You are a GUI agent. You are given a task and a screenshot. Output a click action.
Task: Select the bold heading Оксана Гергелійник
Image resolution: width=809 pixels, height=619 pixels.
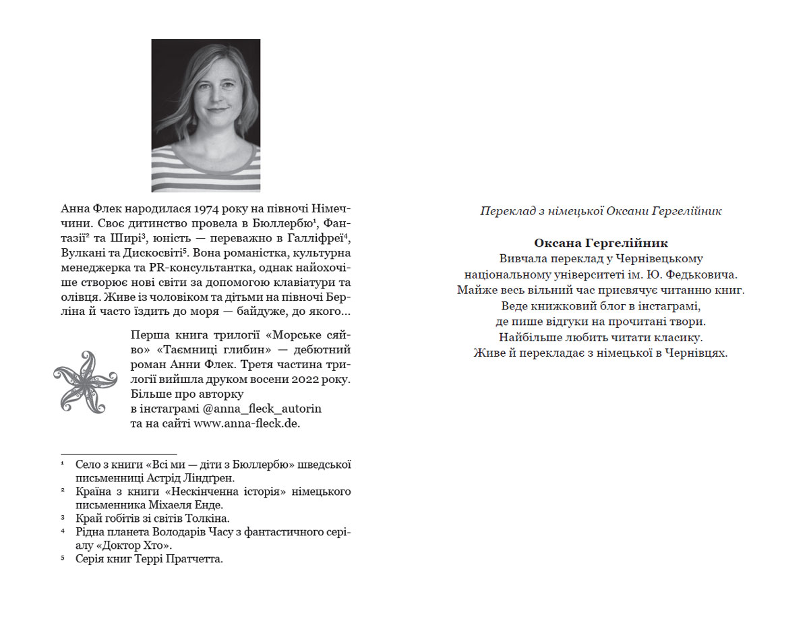(x=601, y=243)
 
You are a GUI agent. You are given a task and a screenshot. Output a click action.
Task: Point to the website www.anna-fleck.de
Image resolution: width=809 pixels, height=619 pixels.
(x=247, y=423)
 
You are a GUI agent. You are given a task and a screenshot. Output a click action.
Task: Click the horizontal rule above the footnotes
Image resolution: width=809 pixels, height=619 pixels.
(x=119, y=454)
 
